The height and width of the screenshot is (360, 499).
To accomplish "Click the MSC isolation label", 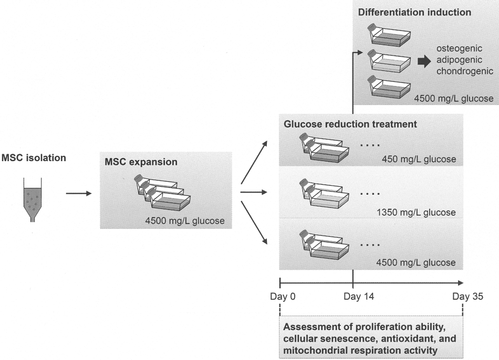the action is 34,158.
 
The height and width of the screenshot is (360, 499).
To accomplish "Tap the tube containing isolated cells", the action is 33,200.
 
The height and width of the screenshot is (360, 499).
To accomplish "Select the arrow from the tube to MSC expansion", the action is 79,193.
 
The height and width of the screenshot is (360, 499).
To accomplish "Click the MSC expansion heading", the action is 141,162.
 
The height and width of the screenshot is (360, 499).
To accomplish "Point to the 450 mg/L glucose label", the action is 419,159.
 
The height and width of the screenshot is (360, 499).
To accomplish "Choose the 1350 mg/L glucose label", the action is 416,212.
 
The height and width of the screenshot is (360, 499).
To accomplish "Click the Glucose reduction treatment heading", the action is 350,124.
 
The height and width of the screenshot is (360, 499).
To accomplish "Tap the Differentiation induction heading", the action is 414,13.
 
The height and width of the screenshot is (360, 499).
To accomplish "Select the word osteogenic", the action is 459,49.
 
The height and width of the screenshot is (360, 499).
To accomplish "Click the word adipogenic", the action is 459,60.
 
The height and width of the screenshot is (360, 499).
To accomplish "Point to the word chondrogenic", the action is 465,71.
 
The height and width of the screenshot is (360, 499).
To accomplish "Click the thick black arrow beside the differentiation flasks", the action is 424,61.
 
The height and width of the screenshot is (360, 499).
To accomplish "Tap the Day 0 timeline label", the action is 283,297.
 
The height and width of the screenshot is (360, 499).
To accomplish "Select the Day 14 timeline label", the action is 359,297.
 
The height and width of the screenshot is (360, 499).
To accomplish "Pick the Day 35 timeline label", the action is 467,297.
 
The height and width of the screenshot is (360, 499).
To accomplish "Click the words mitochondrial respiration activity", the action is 360,351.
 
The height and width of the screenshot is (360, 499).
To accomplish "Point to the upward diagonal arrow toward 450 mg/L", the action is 254,163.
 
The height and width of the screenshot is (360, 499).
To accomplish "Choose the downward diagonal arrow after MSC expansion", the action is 254,223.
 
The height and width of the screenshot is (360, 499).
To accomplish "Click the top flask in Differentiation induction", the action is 389,35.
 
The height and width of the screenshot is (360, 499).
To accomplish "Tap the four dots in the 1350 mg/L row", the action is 370,194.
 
